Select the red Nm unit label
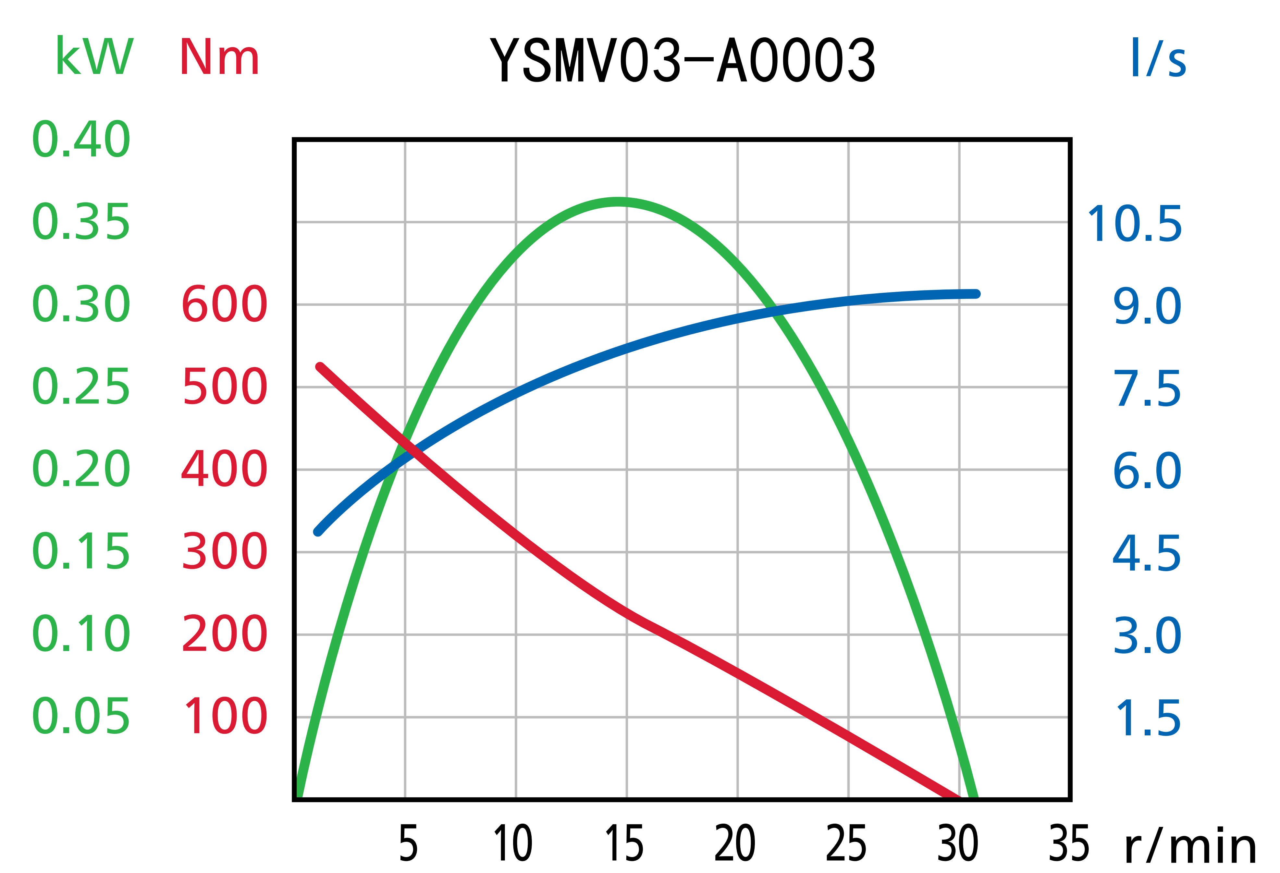pyautogui.click(x=219, y=57)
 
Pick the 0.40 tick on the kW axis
pyautogui.click(x=81, y=139)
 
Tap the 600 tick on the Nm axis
pyautogui.click(x=224, y=304)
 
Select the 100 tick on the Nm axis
pyautogui.click(x=226, y=717)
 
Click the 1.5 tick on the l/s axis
pyautogui.click(x=1148, y=718)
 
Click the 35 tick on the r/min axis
pyautogui.click(x=1069, y=844)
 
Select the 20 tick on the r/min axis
pyautogui.click(x=735, y=844)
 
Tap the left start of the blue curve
pyautogui.click(x=317, y=532)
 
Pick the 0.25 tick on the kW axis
pyautogui.click(x=81, y=387)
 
